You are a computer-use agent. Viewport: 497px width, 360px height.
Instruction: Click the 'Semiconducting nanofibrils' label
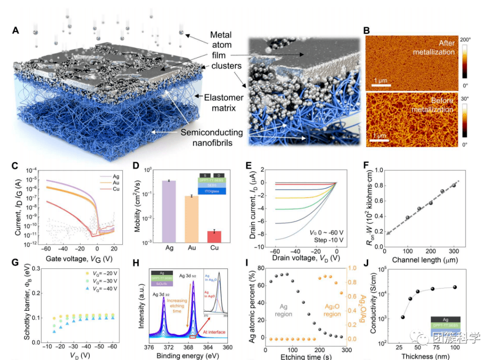212,138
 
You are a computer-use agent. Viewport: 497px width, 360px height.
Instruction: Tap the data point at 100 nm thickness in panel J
468,287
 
